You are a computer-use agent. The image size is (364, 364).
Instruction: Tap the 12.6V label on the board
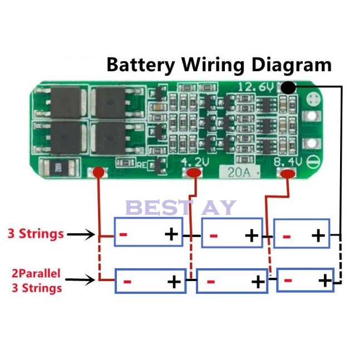pyautogui.click(x=257, y=87)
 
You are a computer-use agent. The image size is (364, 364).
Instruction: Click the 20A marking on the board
pyautogui.click(x=235, y=172)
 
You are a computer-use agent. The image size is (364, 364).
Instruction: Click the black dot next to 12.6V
pyautogui.click(x=288, y=87)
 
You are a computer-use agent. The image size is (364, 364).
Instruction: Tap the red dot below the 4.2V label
pyautogui.click(x=194, y=174)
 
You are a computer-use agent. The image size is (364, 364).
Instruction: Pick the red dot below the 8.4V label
pyautogui.click(x=288, y=174)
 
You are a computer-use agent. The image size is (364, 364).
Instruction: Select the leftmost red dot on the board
pyautogui.click(x=99, y=173)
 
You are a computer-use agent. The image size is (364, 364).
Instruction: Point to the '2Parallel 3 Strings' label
pyautogui.click(x=37, y=281)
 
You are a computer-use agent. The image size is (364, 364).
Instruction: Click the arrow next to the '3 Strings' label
pyautogui.click(x=81, y=235)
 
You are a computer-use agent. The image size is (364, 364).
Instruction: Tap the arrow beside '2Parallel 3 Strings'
pyautogui.click(x=81, y=281)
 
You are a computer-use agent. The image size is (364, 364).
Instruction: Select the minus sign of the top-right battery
pyautogui.click(x=287, y=236)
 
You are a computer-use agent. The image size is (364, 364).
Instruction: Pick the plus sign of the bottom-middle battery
pyautogui.click(x=257, y=282)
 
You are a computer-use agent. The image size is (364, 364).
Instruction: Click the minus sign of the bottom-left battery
pyautogui.click(x=127, y=282)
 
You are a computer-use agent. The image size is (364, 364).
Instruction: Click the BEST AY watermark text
pyautogui.click(x=181, y=208)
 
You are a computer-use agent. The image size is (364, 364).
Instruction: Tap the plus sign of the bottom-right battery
pyautogui.click(x=324, y=280)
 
